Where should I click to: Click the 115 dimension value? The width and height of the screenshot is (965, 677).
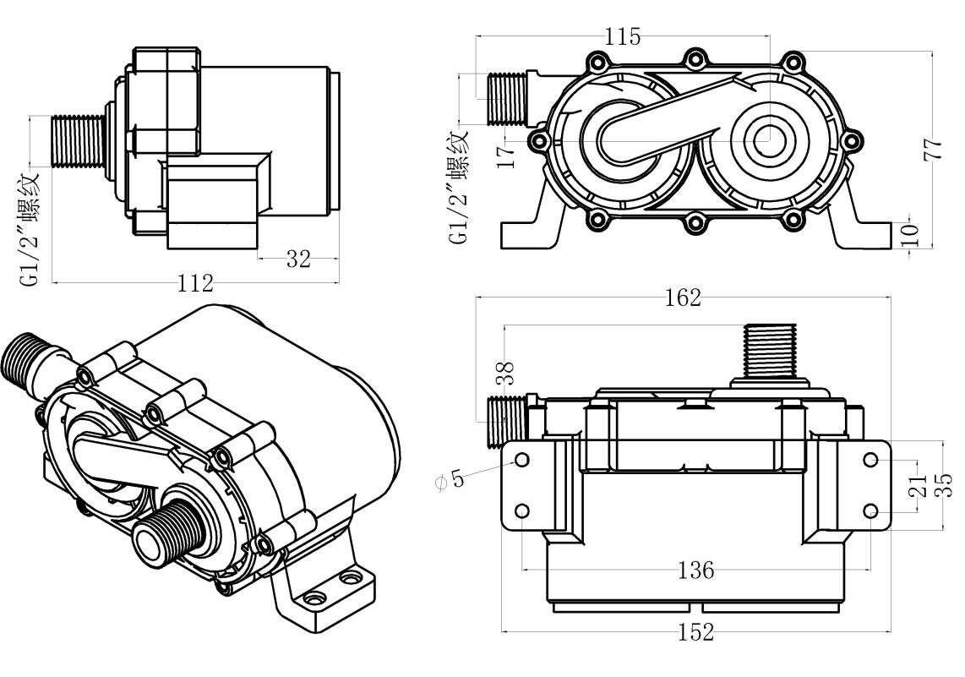click(x=623, y=36)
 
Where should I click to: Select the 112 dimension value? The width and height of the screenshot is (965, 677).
click(x=195, y=283)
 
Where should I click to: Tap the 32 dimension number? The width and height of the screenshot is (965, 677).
click(x=297, y=259)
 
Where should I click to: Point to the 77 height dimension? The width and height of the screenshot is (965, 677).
click(x=932, y=150)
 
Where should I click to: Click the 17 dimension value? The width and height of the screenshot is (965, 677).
click(x=505, y=156)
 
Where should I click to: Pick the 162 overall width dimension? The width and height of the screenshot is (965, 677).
click(x=683, y=298)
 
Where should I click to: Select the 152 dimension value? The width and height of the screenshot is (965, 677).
click(x=696, y=631)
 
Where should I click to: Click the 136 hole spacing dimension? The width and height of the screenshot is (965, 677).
click(x=696, y=570)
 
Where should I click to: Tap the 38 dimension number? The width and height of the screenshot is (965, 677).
click(x=504, y=374)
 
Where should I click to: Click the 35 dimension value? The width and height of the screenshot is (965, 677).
click(x=944, y=484)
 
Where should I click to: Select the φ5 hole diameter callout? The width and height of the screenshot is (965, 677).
click(x=450, y=480)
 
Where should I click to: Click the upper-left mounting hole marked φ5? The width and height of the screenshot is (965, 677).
click(x=522, y=459)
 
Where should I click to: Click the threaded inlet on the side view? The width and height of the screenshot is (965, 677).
click(x=77, y=141)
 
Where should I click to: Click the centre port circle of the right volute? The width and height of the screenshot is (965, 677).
click(x=771, y=138)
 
